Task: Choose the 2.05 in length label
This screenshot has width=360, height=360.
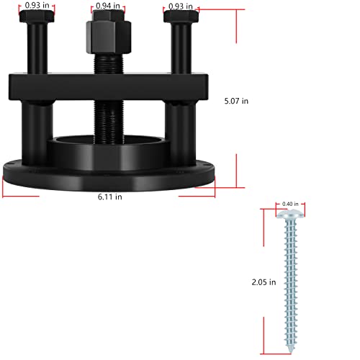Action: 264,283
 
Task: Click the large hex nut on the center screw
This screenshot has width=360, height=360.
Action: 107,34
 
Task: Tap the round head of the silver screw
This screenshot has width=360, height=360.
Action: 291,213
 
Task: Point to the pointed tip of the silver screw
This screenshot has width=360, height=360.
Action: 291,348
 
